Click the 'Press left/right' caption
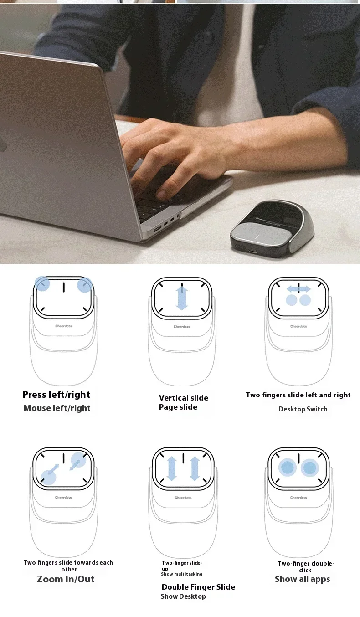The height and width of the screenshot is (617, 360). tap(57, 395)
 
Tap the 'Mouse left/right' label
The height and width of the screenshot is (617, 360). tap(57, 408)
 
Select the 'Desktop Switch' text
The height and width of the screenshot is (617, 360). tap(303, 409)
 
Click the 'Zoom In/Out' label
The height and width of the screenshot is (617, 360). tap(66, 579)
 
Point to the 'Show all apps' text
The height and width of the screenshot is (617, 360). tap(302, 579)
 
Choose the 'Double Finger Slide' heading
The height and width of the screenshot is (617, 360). tap(198, 587)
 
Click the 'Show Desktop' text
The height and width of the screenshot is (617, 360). tap(183, 596)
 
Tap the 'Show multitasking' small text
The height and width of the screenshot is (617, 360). tap(181, 574)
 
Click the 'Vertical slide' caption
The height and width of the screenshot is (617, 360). tap(183, 398)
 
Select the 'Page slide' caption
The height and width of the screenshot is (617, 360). tap(178, 407)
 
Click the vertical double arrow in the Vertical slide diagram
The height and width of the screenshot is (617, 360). tap(182, 298)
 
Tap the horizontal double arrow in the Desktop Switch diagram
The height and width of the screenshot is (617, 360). tap(298, 289)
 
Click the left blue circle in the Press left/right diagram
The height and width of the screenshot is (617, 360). tap(42, 284)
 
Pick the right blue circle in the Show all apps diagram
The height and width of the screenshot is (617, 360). tap(310, 468)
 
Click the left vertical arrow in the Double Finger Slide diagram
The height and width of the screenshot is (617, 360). tap(172, 468)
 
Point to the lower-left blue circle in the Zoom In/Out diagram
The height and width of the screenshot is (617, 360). tap(48, 477)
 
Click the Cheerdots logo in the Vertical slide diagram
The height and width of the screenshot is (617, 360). tap(182, 326)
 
